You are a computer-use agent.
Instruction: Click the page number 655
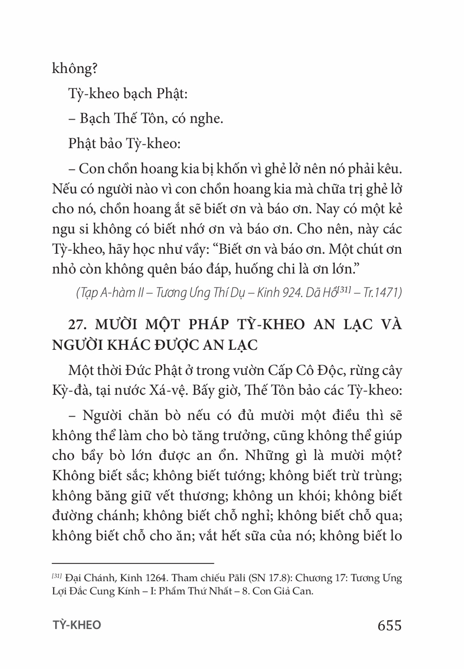point(389,625)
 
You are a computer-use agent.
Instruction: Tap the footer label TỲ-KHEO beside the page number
point(77,625)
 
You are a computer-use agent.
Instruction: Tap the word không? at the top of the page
point(74,69)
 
